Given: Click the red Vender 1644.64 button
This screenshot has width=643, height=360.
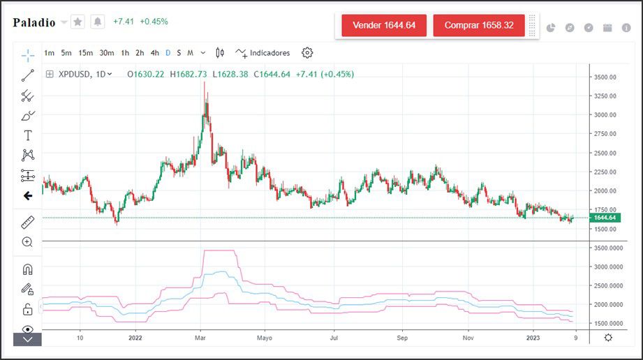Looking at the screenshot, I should (384, 25).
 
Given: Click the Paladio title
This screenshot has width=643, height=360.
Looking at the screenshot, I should (34, 22).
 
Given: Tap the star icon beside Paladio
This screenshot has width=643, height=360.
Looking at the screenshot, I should (77, 22).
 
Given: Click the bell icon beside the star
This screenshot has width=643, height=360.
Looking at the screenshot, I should (98, 22).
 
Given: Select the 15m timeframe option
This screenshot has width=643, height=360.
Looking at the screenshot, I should (86, 52).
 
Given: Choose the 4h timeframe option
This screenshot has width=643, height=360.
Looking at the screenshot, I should (155, 52).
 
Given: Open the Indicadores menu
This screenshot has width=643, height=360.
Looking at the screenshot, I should (263, 52).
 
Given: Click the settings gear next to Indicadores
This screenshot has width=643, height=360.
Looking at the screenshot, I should (307, 52).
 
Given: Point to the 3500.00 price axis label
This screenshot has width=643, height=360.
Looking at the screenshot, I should (605, 77).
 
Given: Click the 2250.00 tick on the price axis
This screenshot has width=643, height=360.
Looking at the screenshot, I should (605, 172).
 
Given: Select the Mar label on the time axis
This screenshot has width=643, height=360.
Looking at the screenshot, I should (200, 337).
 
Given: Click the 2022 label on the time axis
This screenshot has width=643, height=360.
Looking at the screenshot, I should (135, 337).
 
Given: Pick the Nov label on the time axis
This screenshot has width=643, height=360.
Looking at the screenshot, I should (468, 337).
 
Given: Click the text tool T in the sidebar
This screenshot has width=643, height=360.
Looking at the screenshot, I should (28, 135).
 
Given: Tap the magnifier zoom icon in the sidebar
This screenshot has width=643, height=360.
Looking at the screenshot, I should (27, 242).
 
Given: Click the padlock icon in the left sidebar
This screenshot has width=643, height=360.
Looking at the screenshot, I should (27, 309).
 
